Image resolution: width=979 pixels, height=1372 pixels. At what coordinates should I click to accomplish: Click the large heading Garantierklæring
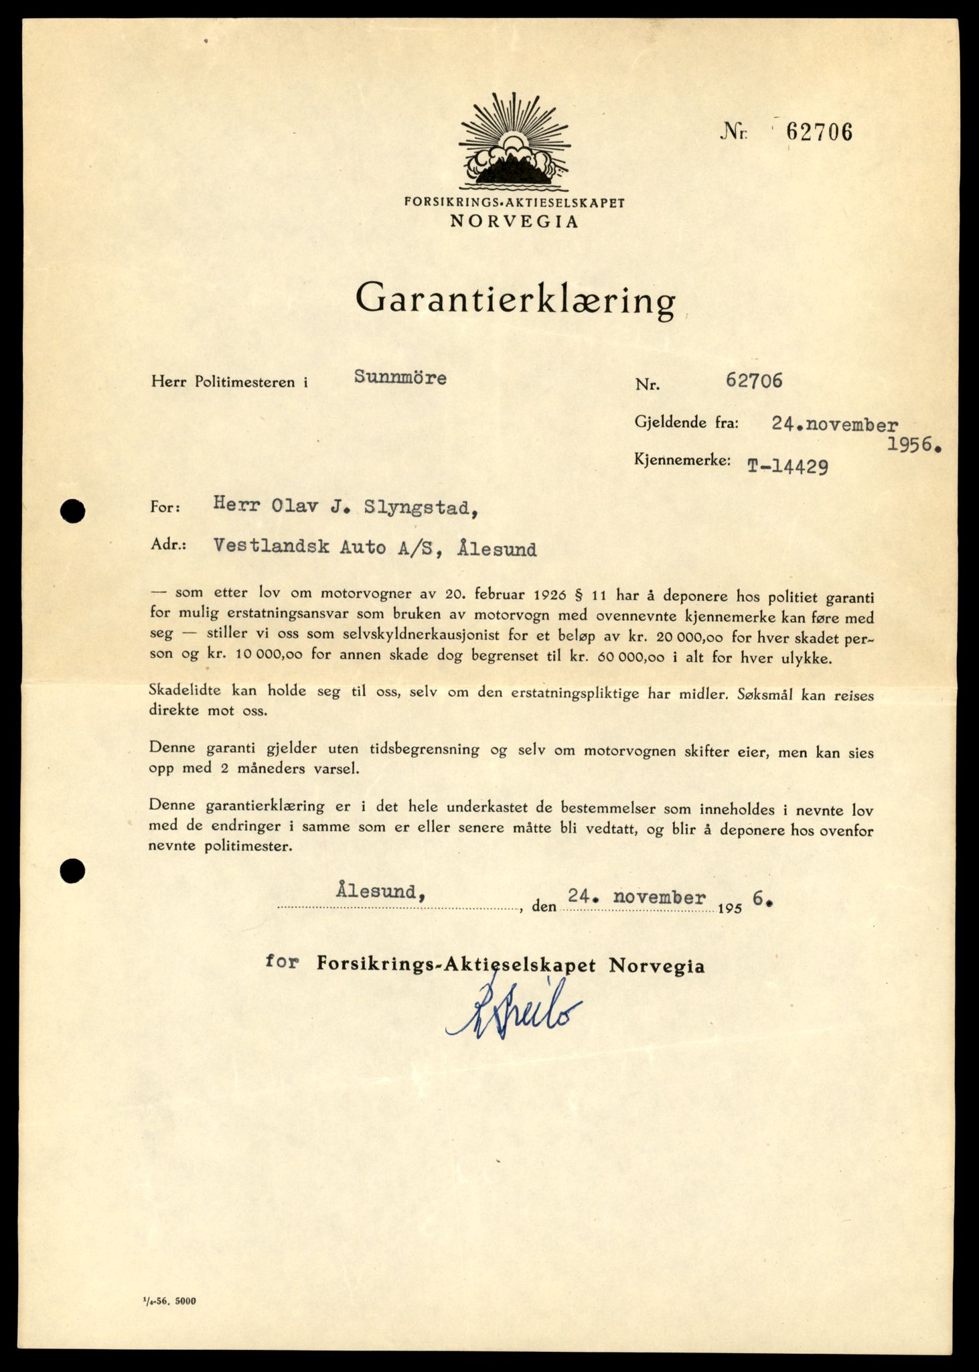[515, 299]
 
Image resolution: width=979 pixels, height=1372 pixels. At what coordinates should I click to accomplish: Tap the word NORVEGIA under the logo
[514, 222]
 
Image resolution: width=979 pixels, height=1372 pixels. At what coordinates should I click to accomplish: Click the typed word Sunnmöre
[400, 378]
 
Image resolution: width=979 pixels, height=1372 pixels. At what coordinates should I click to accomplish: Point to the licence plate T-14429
[787, 466]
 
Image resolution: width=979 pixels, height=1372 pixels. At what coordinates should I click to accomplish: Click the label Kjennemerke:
[682, 460]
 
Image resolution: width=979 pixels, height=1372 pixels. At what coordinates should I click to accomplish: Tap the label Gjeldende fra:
[686, 422]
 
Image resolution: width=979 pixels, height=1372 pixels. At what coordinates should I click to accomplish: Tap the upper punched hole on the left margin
[72, 512]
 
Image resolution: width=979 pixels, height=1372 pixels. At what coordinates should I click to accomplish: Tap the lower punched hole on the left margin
[72, 871]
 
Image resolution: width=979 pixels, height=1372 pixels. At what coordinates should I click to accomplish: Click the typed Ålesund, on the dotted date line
[380, 892]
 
